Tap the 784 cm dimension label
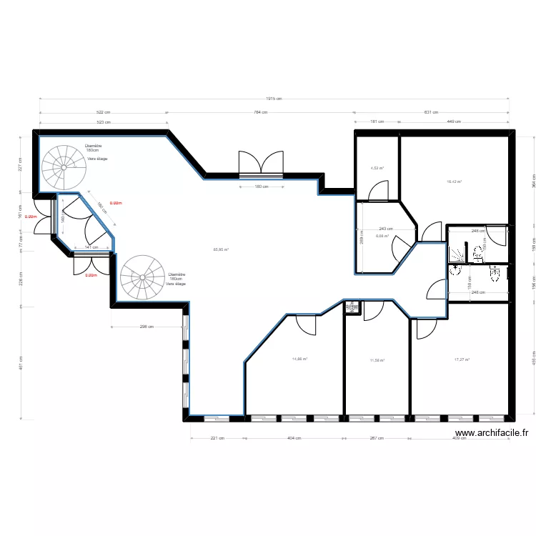point(260,112)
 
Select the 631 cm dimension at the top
point(432,112)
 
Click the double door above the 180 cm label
point(261,164)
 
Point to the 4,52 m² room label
point(377,169)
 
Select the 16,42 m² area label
point(454,182)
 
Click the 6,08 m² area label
point(382,236)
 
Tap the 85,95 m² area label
point(221,249)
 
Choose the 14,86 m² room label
point(299,359)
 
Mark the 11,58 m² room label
point(377,360)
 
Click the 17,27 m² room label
point(462,359)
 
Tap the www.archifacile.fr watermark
point(492,432)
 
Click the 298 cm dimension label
point(147,327)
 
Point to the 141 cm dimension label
point(91,247)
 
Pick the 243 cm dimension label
point(387,229)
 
